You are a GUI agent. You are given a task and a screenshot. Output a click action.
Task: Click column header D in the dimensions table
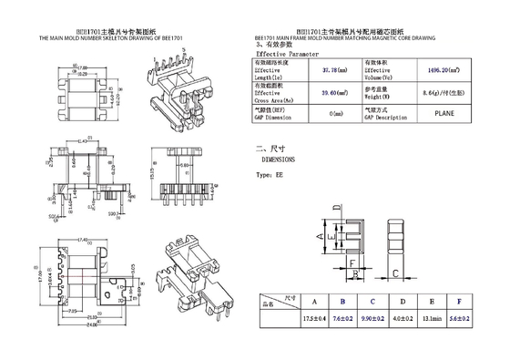click(x=403, y=301)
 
